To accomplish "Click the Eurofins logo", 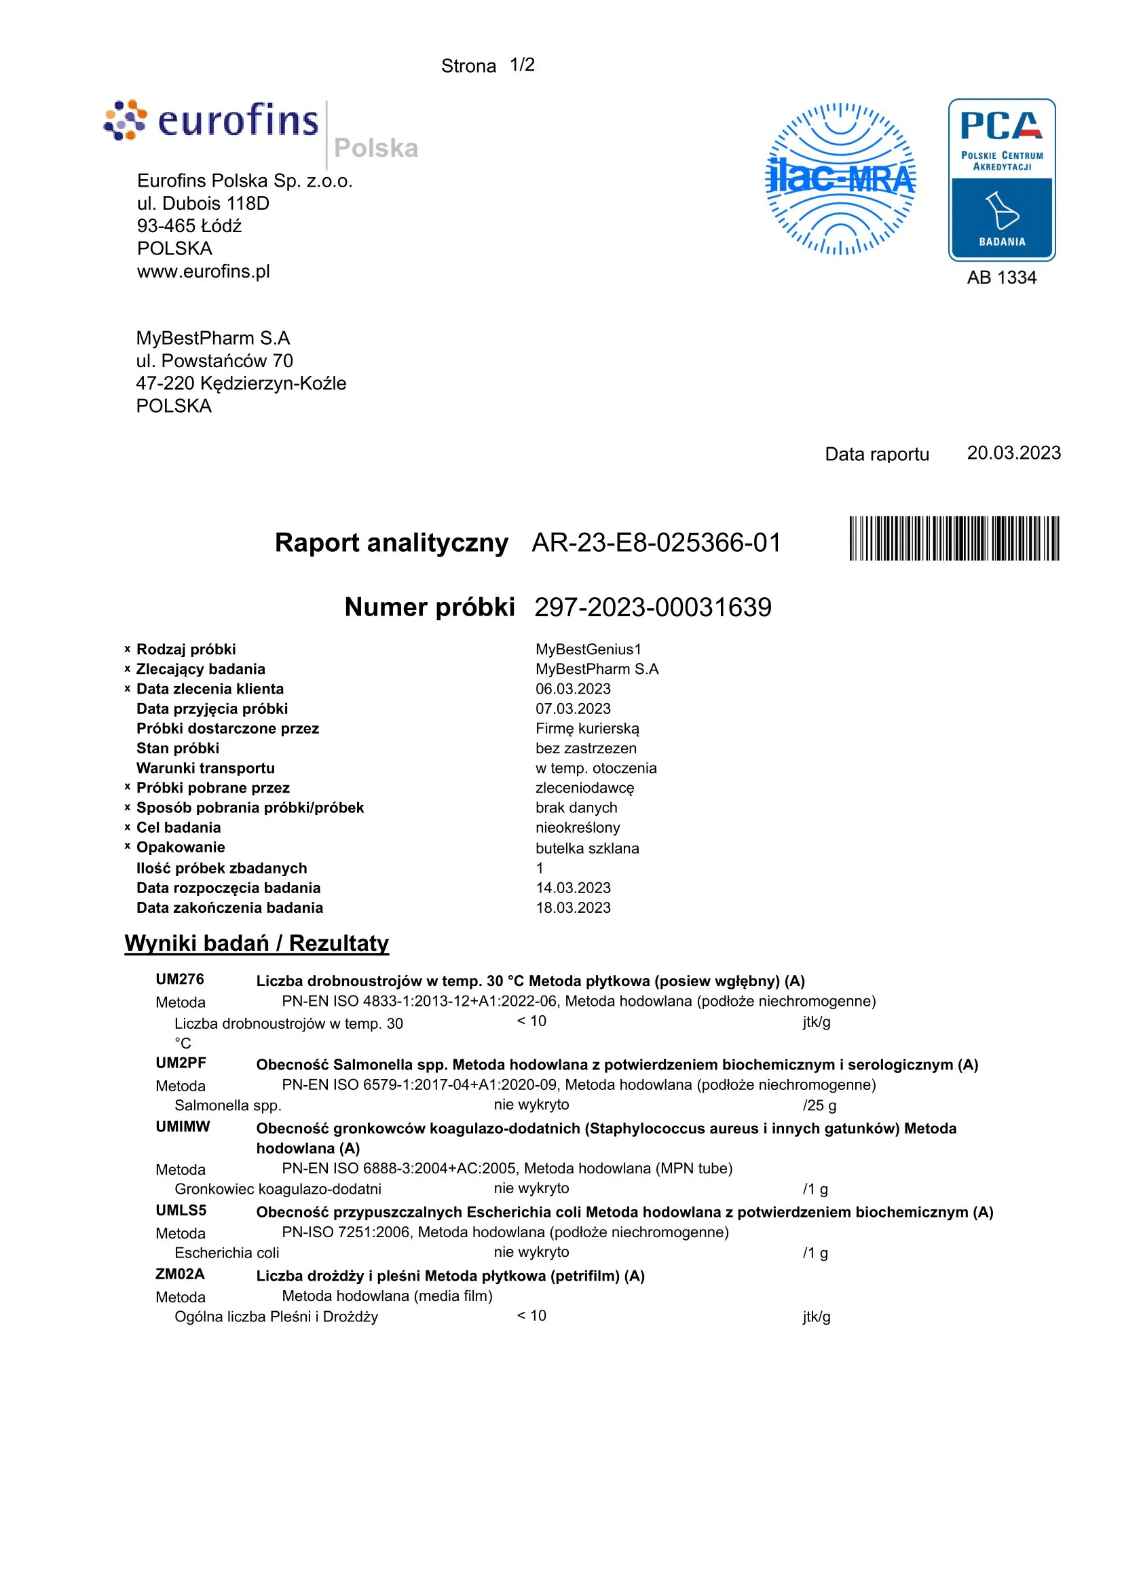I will (x=211, y=121).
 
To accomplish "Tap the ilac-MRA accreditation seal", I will (x=841, y=179).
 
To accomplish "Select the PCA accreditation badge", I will (x=1002, y=180).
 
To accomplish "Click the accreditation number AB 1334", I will (x=1002, y=278).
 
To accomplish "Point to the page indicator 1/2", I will (x=523, y=65).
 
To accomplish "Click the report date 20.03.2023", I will (x=1013, y=453).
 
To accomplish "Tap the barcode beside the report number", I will (x=954, y=538).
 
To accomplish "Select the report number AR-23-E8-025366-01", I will (x=656, y=543).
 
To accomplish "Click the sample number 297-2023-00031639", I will (x=653, y=607).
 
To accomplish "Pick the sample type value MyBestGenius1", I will (x=588, y=649).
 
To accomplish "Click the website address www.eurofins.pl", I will (x=203, y=271).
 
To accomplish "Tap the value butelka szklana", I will (x=587, y=848).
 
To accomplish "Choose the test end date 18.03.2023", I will (x=574, y=907).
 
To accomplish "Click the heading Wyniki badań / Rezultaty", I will (x=257, y=943).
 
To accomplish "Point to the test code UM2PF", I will (x=181, y=1063).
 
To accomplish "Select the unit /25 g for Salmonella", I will (x=819, y=1106).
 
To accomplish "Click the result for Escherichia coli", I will (x=531, y=1251).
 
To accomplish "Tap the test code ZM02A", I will (x=181, y=1274).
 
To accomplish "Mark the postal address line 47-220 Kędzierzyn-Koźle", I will (x=241, y=383).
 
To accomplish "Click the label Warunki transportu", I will (x=205, y=768).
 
